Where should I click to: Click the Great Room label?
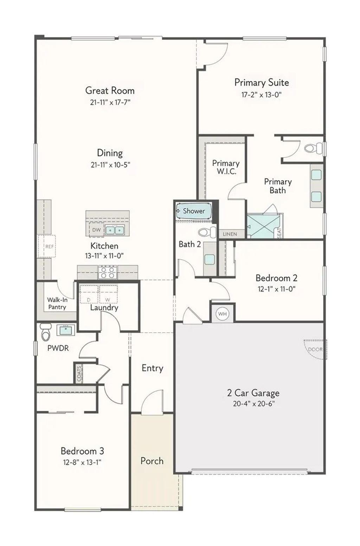pyautogui.click(x=110, y=91)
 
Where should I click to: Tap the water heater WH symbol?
pyautogui.click(x=222, y=313)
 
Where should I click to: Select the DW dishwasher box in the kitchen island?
pyautogui.click(x=96, y=230)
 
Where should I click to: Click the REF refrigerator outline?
pyautogui.click(x=47, y=246)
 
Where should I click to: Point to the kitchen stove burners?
pyautogui.click(x=108, y=272)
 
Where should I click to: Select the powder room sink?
pyautogui.click(x=65, y=330)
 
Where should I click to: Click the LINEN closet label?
pyautogui.click(x=230, y=234)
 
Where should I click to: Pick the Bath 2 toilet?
pyautogui.click(x=207, y=232)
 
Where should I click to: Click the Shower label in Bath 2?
pyautogui.click(x=194, y=211)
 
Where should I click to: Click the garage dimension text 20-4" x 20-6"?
pyautogui.click(x=253, y=404)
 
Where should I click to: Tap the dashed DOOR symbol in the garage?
pyautogui.click(x=315, y=349)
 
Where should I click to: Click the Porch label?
pyautogui.click(x=152, y=461)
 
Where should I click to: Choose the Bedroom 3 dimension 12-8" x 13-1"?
pyautogui.click(x=82, y=462)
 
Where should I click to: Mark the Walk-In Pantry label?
pyautogui.click(x=57, y=303)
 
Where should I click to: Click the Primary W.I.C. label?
pyautogui.click(x=226, y=167)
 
